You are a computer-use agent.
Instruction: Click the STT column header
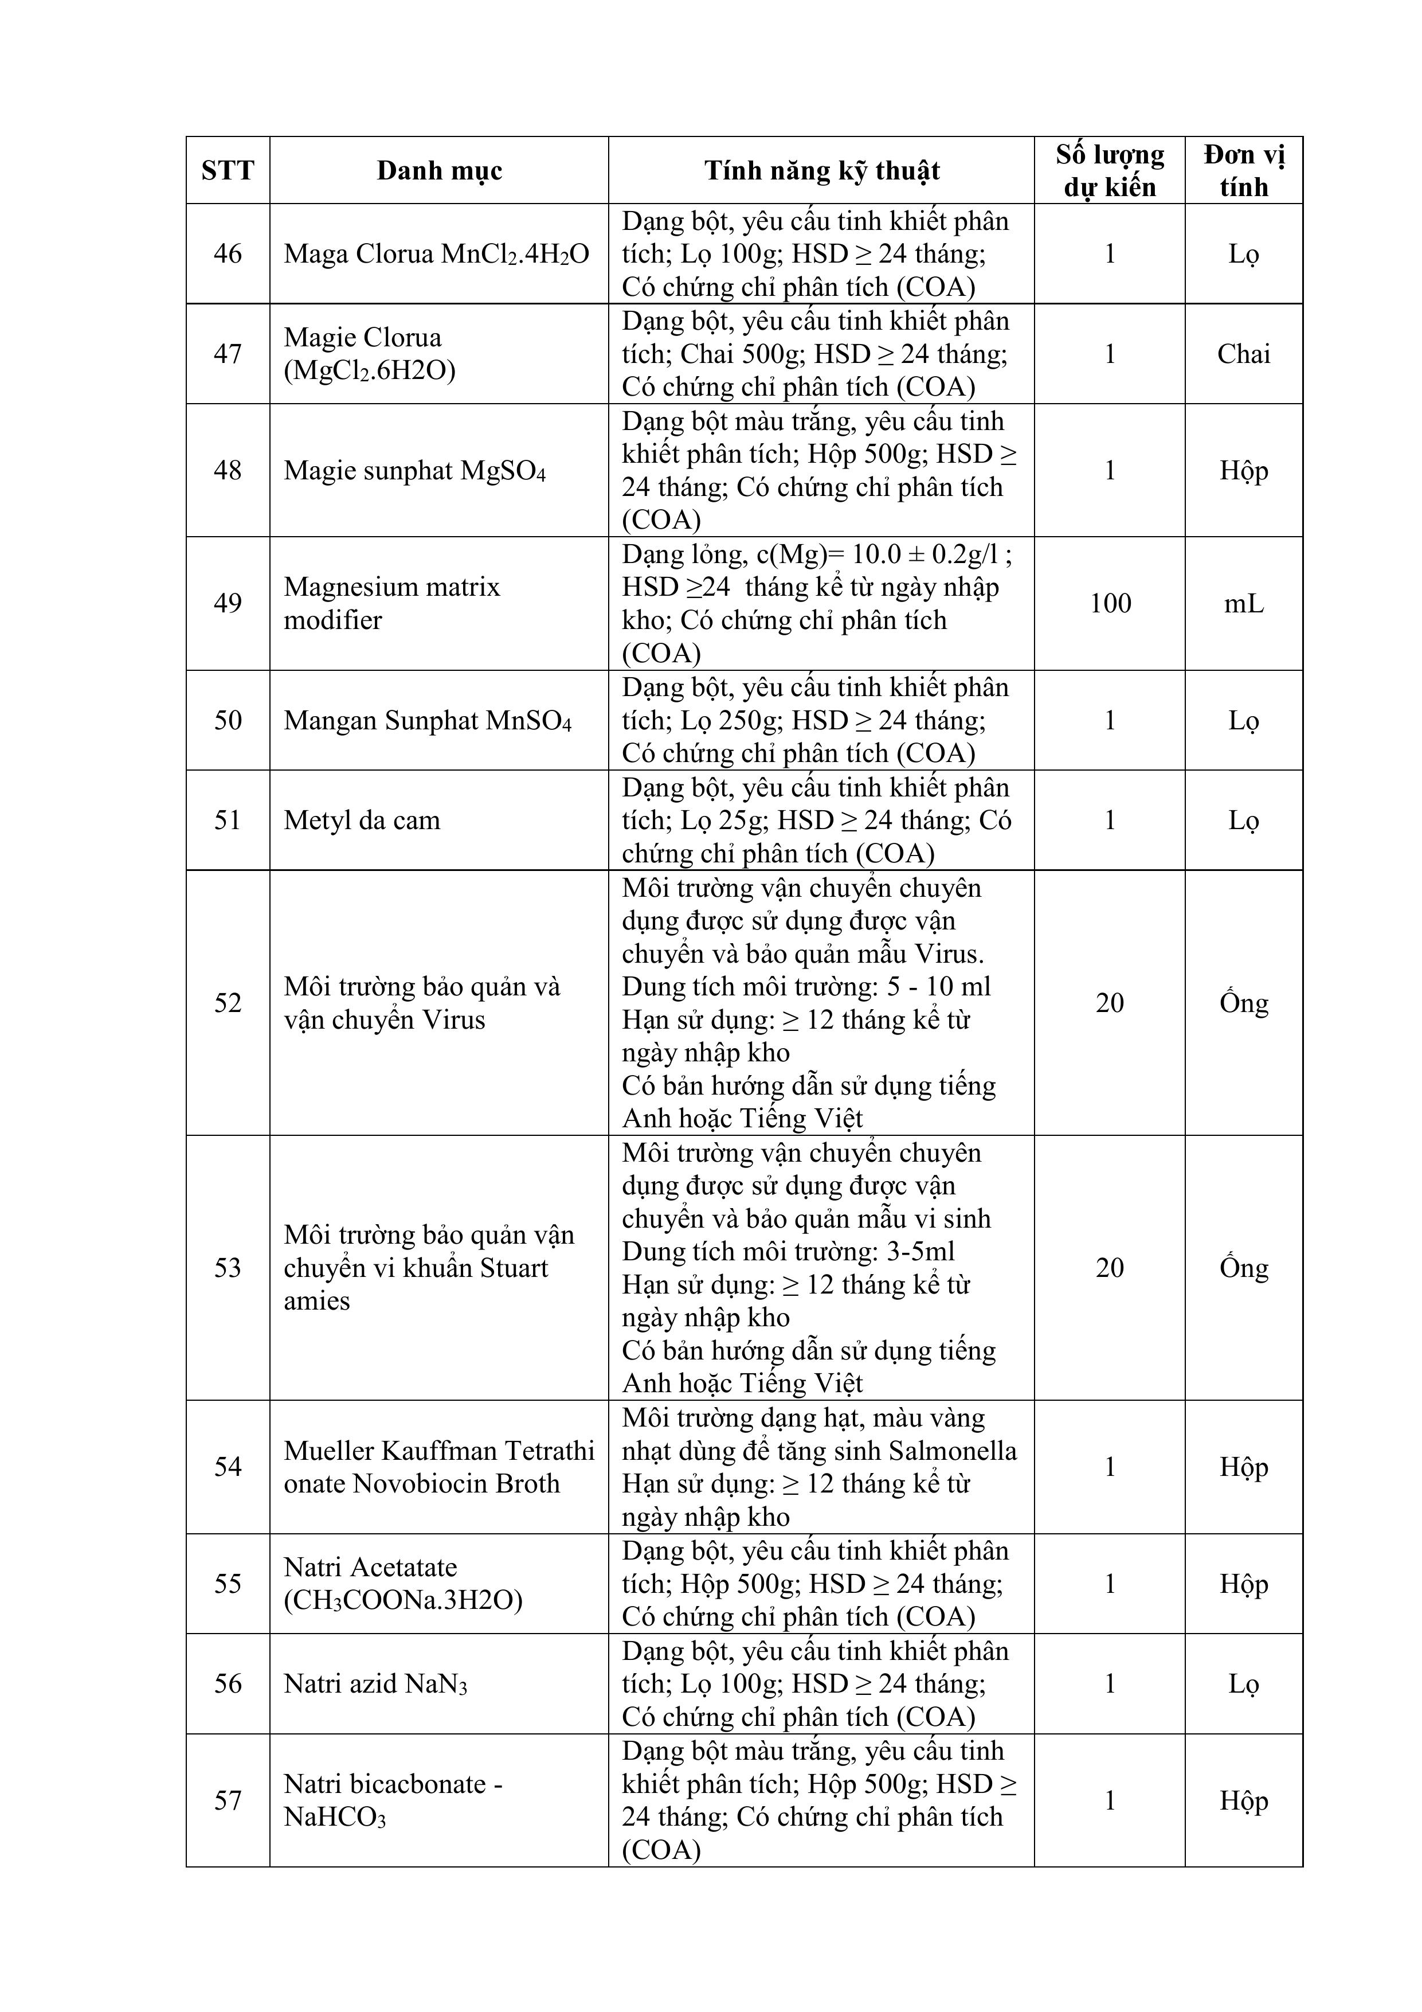[x=228, y=170]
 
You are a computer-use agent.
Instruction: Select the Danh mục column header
[x=439, y=170]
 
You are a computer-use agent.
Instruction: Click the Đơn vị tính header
[x=1243, y=170]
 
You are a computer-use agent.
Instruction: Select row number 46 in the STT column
[x=228, y=254]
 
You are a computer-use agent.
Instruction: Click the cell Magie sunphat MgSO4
[x=414, y=471]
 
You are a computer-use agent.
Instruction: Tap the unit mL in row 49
[x=1243, y=603]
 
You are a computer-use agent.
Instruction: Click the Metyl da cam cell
[x=362, y=820]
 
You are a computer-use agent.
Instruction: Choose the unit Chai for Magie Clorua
[x=1243, y=354]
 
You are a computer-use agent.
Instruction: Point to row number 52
[x=228, y=1002]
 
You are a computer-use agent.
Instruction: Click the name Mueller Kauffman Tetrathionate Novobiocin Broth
[x=438, y=1467]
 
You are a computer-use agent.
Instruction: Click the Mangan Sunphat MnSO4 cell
[x=428, y=720]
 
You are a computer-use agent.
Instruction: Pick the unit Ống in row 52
[x=1243, y=1002]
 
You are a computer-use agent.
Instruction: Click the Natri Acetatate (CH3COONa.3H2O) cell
[x=402, y=1584]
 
